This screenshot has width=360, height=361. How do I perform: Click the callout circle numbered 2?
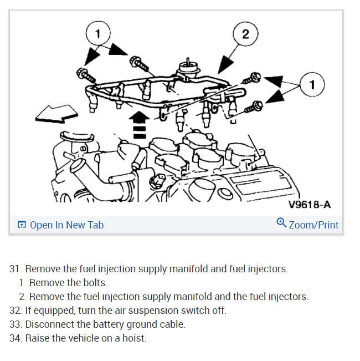tap(245, 34)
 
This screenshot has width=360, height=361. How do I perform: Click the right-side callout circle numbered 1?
tap(313, 85)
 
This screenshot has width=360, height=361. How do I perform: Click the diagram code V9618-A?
tap(310, 205)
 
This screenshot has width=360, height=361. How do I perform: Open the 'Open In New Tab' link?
tap(66, 225)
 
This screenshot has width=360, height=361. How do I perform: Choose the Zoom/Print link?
tap(313, 225)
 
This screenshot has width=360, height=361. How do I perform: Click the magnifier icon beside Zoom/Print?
tap(281, 223)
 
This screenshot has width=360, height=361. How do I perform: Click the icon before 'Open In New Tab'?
tap(22, 225)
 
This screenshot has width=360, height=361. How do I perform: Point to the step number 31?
tap(16, 269)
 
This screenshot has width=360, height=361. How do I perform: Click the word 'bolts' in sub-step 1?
tap(95, 283)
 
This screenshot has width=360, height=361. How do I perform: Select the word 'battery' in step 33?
tap(111, 324)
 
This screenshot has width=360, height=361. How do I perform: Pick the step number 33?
tap(16, 324)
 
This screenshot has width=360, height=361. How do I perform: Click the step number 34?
tap(16, 338)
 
